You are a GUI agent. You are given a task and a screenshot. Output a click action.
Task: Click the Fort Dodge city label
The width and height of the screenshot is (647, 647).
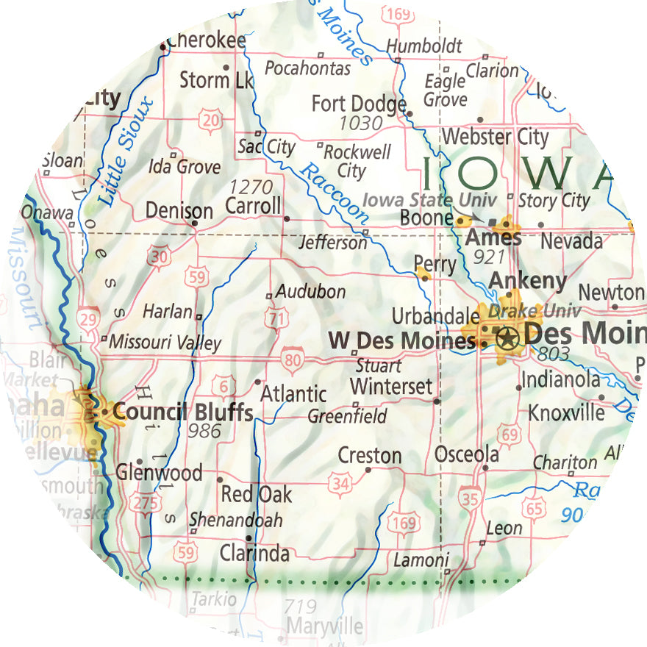[358, 103]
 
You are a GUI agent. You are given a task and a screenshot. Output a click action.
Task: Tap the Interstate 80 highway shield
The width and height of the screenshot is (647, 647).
[293, 358]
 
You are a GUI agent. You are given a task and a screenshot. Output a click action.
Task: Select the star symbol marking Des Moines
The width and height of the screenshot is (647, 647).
[507, 337]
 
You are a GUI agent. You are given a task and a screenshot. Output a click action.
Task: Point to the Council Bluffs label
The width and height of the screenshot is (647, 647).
[183, 412]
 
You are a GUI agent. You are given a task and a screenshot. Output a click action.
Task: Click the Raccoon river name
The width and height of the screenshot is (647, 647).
[335, 193]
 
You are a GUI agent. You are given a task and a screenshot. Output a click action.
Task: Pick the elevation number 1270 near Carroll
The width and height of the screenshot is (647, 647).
[251, 187]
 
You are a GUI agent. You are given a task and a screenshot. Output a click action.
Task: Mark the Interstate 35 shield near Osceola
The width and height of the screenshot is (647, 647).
[471, 499]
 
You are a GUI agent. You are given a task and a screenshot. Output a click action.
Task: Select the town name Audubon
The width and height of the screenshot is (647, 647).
[310, 292]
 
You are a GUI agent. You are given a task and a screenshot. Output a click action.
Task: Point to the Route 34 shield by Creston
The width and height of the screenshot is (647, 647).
[340, 483]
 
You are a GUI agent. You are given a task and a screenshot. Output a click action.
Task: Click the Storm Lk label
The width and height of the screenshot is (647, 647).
[216, 79]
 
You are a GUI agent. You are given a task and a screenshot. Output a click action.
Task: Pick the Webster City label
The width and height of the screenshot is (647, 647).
[495, 137]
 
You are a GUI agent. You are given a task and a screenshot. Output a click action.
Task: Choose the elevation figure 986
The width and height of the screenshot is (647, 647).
[204, 431]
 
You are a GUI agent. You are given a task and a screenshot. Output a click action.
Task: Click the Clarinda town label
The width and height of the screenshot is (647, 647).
[254, 553]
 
